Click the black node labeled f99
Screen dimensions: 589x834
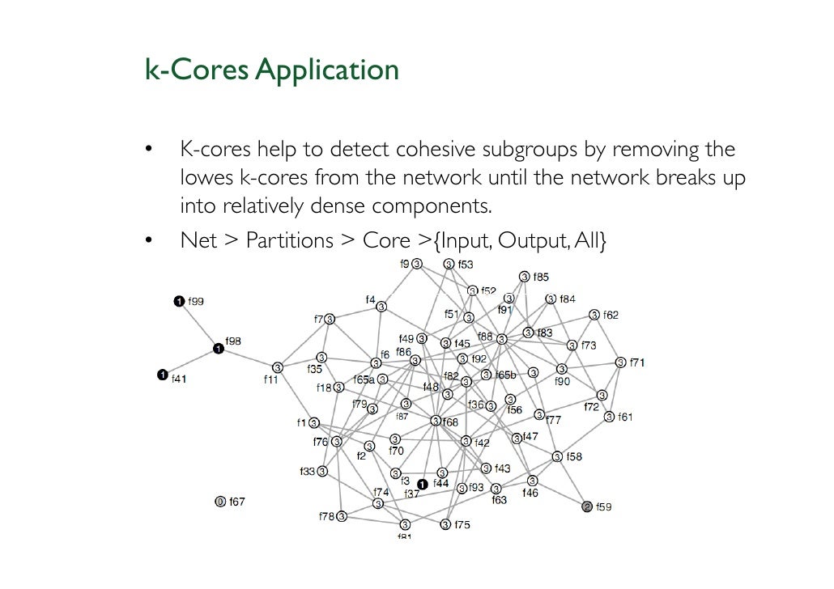click(x=178, y=302)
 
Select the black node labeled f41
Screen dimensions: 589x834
click(x=162, y=374)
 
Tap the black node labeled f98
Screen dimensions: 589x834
click(x=218, y=349)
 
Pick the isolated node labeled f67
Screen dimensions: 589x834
click(x=219, y=502)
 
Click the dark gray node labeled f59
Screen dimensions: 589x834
click(x=587, y=507)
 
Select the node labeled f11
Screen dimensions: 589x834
click(x=278, y=367)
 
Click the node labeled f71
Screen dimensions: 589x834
click(x=621, y=362)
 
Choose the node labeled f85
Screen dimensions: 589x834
click(x=524, y=277)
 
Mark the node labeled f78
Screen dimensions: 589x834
click(x=342, y=515)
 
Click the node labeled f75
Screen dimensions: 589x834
click(x=445, y=524)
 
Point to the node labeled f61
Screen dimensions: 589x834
click(x=609, y=417)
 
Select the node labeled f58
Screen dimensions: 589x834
click(x=557, y=457)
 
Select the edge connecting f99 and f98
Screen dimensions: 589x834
click(x=198, y=325)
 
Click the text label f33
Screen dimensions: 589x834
click(x=307, y=471)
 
